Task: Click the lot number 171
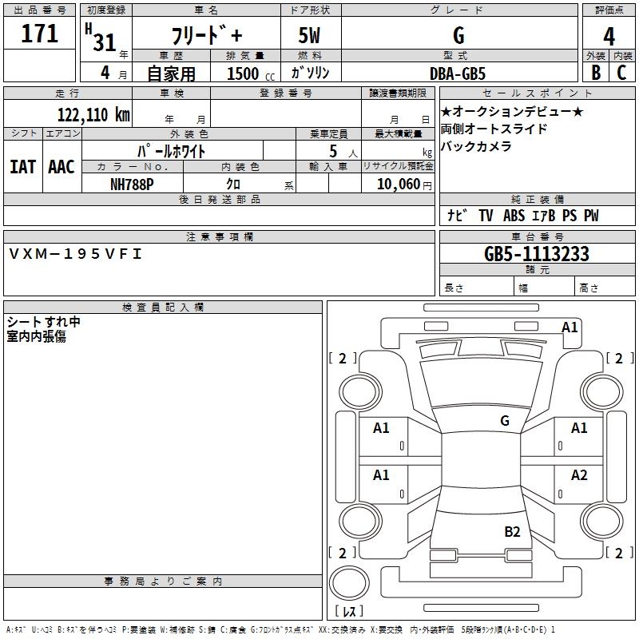40,33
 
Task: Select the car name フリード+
207,37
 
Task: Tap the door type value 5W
309,37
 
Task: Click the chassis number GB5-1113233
536,255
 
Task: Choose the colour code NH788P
132,183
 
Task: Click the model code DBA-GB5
457,73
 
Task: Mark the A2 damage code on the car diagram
579,475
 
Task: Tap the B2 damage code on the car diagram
512,531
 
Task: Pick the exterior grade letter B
595,73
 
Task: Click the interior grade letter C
622,73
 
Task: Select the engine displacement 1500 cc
244,73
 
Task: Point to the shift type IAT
22,166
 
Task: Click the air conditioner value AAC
62,166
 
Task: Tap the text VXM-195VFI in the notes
76,254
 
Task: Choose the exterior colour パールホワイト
172,150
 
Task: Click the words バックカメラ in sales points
476,146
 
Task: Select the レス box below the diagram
352,611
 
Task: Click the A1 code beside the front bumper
570,327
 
